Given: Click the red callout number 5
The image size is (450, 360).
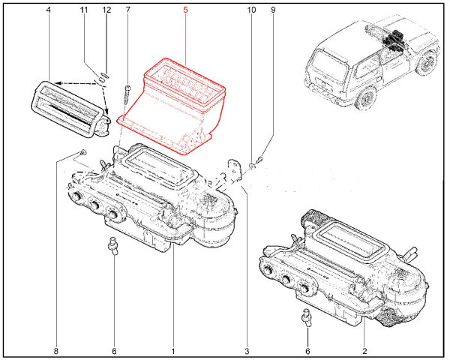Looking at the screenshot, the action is click(x=185, y=10).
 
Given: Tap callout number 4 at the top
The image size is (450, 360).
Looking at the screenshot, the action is click(x=49, y=10).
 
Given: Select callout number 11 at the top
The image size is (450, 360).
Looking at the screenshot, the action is click(x=83, y=10).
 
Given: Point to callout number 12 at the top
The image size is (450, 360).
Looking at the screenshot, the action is click(x=106, y=10).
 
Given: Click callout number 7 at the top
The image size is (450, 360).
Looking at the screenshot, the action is click(x=128, y=10).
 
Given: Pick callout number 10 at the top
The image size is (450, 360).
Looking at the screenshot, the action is click(x=251, y=10).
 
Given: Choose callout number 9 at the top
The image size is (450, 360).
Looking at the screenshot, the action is click(x=273, y=10).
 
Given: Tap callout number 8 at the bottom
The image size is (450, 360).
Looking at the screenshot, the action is click(x=56, y=351).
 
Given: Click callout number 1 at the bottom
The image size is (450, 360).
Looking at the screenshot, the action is click(x=173, y=351).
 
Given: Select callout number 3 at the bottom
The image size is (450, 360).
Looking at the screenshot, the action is click(x=247, y=351).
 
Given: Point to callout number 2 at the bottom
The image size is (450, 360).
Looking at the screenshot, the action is click(x=364, y=351).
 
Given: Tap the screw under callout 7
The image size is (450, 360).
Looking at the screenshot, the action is click(x=127, y=95).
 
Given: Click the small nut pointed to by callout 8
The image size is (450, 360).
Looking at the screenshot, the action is click(x=83, y=151).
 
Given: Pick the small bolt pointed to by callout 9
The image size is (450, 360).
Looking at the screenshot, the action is click(x=260, y=159).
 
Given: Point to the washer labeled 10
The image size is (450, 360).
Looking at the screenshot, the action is click(x=252, y=165).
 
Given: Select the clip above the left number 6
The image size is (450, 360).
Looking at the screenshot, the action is click(x=112, y=246).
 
